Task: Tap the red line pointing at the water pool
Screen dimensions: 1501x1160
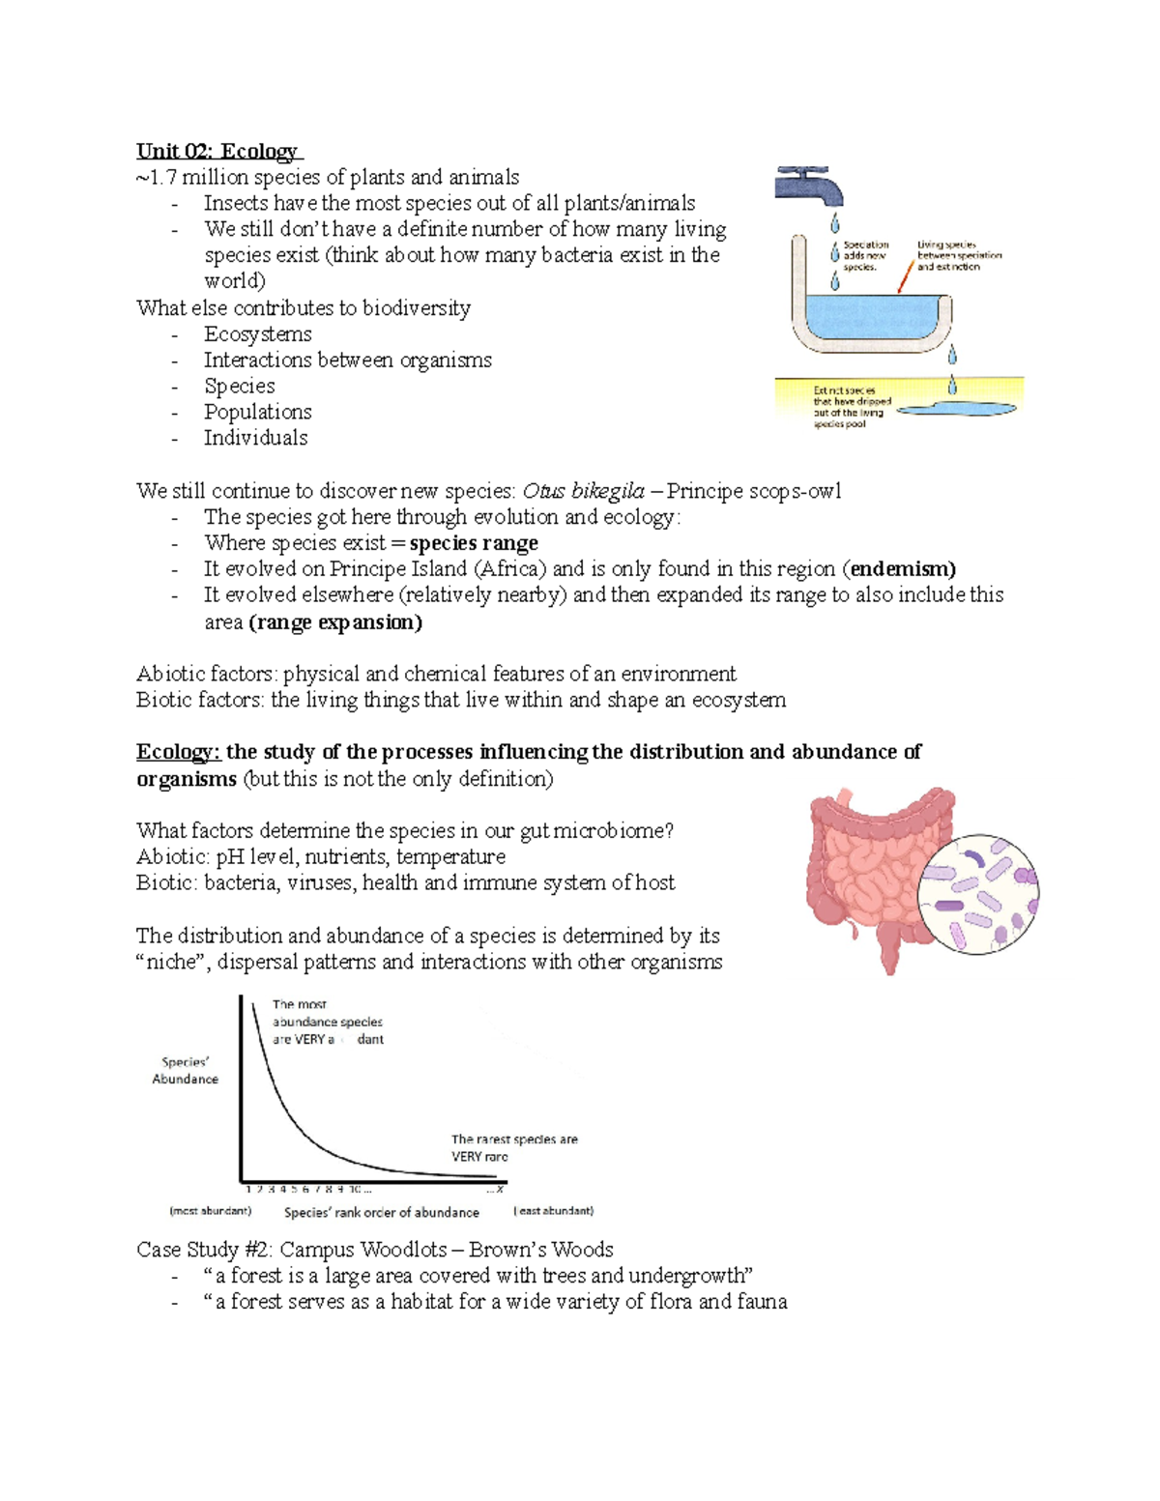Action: coord(905,276)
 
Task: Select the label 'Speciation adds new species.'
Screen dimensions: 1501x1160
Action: coord(864,256)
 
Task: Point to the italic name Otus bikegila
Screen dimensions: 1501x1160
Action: coord(583,491)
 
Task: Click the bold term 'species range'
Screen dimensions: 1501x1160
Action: coord(474,543)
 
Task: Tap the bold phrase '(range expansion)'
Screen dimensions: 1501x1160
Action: coord(335,622)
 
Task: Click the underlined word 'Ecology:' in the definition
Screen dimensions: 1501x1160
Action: coord(179,752)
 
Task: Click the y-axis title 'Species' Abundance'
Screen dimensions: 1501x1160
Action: coord(185,1070)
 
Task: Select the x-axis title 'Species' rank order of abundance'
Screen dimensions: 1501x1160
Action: coord(381,1212)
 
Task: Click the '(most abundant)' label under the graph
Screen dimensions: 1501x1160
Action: coord(210,1210)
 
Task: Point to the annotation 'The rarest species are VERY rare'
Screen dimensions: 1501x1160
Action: coord(513,1147)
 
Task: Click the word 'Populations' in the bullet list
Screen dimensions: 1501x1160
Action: coord(257,412)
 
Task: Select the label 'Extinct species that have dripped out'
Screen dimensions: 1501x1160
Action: coord(852,407)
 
